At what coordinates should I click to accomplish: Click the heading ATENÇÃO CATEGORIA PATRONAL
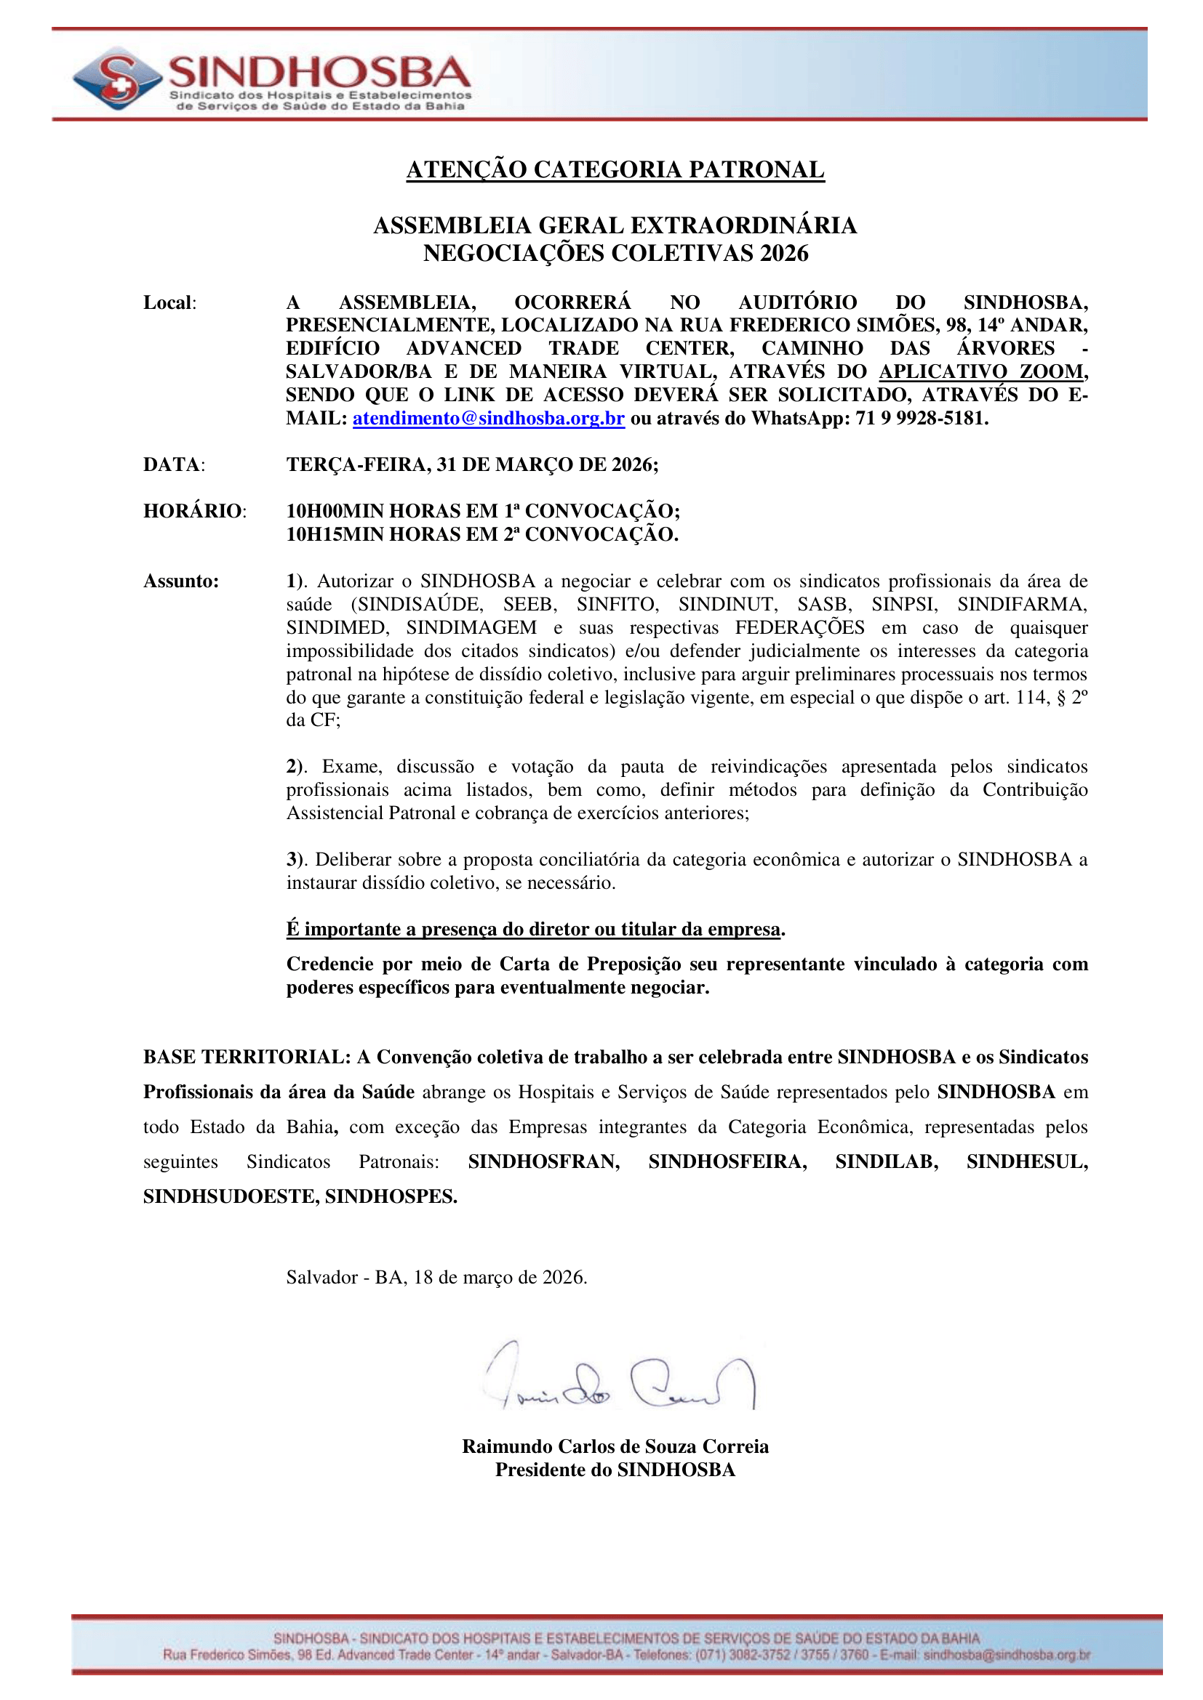[x=615, y=169]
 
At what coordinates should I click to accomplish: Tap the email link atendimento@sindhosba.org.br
[x=488, y=419]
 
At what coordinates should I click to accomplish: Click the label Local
[x=168, y=303]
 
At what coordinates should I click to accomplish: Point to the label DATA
[x=172, y=465]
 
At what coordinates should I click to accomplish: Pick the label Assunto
[x=181, y=581]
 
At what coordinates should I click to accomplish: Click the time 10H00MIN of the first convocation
[x=335, y=511]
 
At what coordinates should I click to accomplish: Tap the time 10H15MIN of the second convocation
[x=335, y=535]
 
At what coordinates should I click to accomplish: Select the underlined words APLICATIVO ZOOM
[x=980, y=371]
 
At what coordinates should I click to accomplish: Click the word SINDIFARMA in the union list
[x=1021, y=605]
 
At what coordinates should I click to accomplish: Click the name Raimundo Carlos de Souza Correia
[x=615, y=1446]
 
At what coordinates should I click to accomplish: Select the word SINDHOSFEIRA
[x=727, y=1161]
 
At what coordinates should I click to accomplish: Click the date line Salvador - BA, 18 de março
[x=436, y=1277]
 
